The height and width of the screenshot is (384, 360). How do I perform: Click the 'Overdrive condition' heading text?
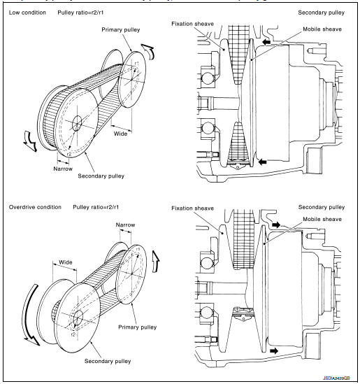pos(36,208)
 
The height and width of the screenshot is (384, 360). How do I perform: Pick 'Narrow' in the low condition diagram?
pos(65,168)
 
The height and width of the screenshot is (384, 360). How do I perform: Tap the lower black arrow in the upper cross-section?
pos(262,162)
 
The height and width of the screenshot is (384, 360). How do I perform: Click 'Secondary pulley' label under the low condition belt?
pos(101,176)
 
